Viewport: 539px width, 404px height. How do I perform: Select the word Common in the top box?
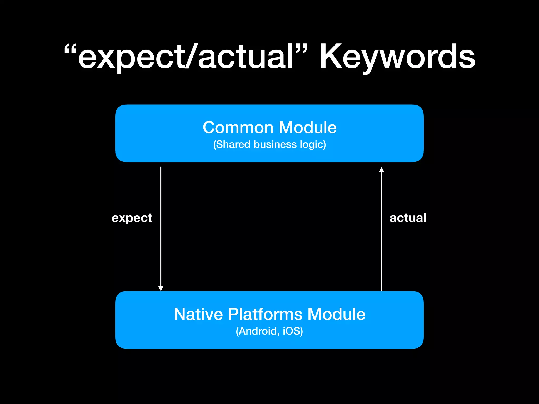click(238, 128)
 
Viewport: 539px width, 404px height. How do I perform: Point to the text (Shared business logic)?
click(269, 144)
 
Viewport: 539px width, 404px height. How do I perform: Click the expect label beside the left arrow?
click(132, 218)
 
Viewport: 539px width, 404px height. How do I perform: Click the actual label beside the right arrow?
click(408, 218)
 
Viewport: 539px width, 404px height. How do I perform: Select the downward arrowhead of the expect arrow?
click(161, 288)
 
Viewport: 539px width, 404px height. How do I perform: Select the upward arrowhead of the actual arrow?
click(381, 170)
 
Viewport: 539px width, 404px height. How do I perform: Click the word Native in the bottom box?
click(198, 314)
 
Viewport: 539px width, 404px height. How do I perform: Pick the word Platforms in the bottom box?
click(265, 314)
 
